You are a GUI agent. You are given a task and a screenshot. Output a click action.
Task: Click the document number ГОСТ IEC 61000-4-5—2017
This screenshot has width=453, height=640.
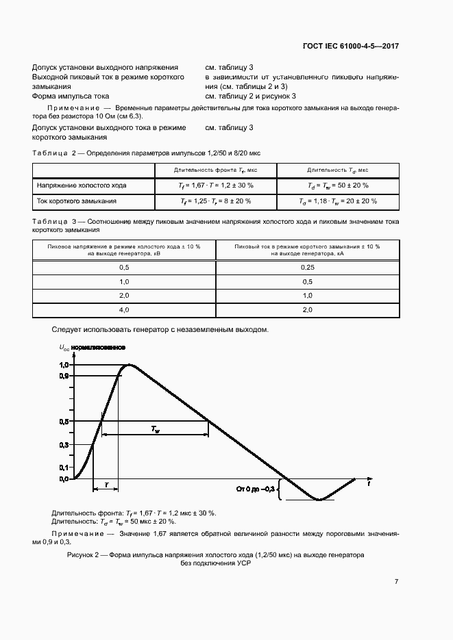350,47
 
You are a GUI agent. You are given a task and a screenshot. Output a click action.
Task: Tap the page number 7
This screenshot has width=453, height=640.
397,582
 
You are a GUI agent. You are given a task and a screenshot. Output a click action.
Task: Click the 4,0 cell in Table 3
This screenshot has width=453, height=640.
124,310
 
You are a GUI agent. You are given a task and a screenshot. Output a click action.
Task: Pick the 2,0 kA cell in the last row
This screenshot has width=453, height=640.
307,310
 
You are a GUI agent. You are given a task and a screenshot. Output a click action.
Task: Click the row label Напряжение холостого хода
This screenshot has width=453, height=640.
81,185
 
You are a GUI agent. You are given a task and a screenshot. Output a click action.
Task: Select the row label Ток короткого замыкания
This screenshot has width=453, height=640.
76,201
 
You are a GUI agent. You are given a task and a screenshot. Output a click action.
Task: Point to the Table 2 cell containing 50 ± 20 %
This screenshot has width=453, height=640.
338,185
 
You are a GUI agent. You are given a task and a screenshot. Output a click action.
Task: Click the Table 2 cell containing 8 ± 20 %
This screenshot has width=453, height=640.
216,201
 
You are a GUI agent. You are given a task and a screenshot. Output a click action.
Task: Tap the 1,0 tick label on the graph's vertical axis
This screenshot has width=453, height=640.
63,365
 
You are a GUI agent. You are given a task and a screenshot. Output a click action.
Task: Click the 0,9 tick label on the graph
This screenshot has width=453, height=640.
63,376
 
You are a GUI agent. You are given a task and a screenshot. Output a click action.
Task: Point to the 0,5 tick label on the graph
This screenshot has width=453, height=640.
63,421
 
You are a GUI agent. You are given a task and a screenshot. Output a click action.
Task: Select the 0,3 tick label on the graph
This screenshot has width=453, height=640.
63,444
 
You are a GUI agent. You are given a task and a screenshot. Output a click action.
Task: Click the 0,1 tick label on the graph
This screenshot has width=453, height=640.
63,467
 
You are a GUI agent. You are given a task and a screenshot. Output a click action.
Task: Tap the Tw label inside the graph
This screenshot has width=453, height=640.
157,429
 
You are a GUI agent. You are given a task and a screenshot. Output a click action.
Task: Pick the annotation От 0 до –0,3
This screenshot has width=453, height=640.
256,489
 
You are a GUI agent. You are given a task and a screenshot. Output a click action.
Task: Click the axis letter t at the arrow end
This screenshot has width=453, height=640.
369,483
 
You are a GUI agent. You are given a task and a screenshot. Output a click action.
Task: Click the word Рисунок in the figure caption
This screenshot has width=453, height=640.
83,554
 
